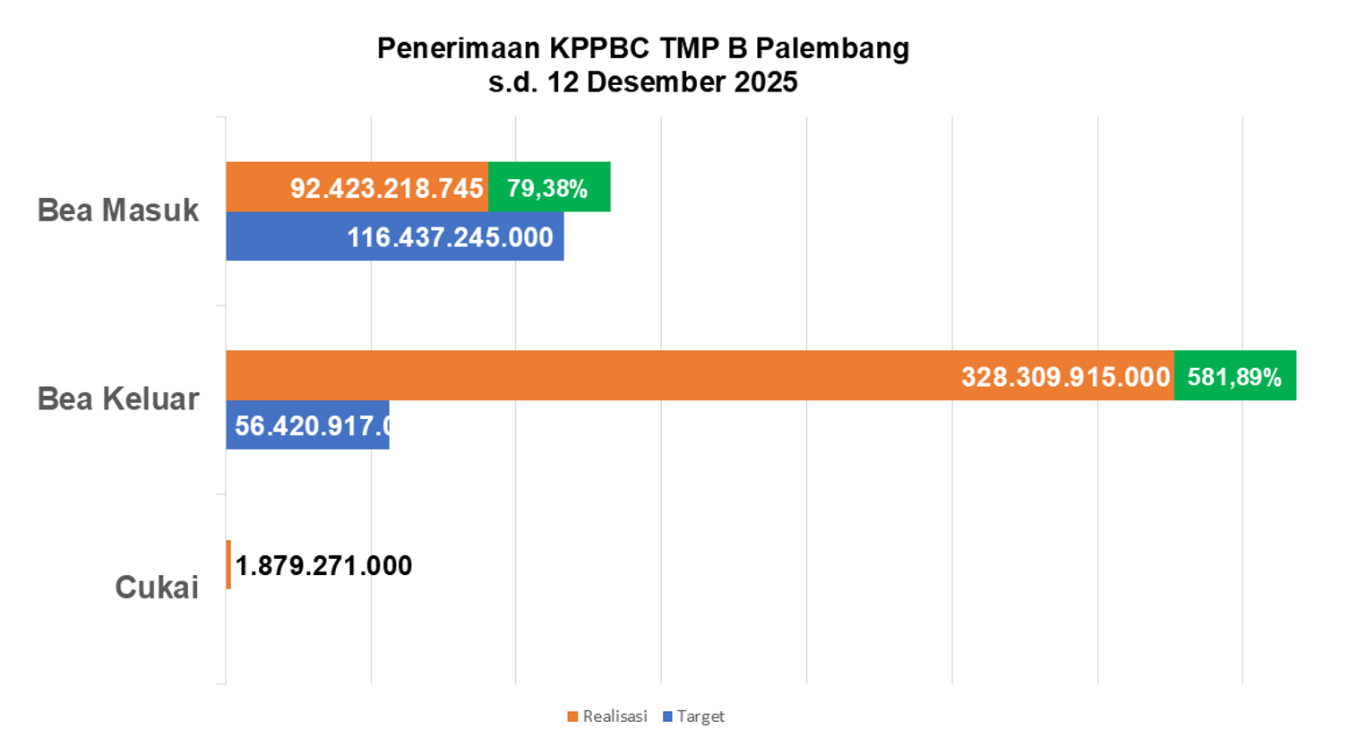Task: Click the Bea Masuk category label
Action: point(117,210)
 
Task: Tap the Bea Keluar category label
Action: point(117,399)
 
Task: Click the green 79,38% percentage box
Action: point(548,188)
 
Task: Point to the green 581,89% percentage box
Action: point(1234,376)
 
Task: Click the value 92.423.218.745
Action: point(386,188)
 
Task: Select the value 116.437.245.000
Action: point(450,237)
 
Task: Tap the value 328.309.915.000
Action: point(1065,376)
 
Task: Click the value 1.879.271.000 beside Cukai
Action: point(323,566)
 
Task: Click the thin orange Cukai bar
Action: point(228,564)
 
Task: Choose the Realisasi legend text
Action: point(615,716)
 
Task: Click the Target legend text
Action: point(701,716)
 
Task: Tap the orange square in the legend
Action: point(572,716)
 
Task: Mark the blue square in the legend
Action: point(667,716)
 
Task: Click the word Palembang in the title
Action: point(832,48)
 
